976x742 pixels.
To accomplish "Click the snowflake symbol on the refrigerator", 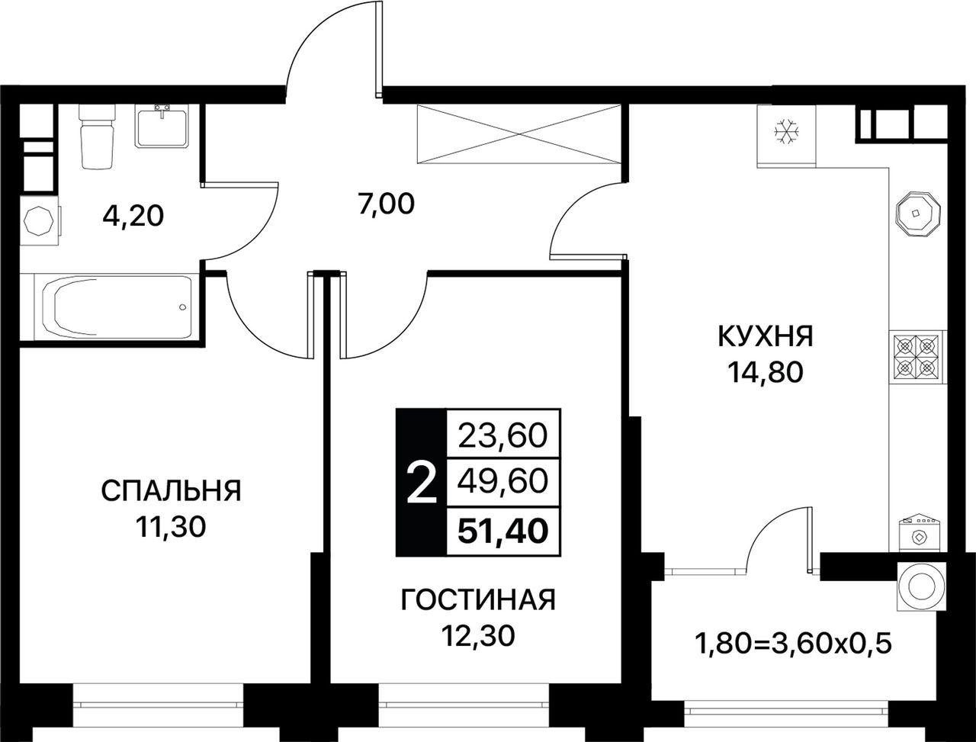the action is (787, 132).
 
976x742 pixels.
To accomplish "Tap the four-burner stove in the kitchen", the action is (917, 358).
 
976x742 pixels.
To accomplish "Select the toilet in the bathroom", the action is (97, 136).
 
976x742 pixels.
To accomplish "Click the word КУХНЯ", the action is (766, 336).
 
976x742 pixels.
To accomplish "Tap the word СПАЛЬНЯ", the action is (172, 491).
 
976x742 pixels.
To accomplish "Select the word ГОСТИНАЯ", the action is (478, 599).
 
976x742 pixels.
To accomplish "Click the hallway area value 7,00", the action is (386, 204).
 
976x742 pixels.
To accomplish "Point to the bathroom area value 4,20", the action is (133, 217).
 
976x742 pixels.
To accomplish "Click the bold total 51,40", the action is (503, 532).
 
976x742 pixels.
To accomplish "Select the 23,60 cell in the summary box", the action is (502, 436).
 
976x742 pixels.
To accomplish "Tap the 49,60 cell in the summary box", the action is (502, 483).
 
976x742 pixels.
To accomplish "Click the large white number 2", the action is (422, 483).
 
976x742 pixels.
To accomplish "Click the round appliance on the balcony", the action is (921, 586).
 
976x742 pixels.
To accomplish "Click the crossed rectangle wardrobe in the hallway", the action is (519, 133).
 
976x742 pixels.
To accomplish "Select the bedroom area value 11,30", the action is (172, 527).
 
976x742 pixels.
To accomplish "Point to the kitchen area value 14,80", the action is (766, 373).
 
